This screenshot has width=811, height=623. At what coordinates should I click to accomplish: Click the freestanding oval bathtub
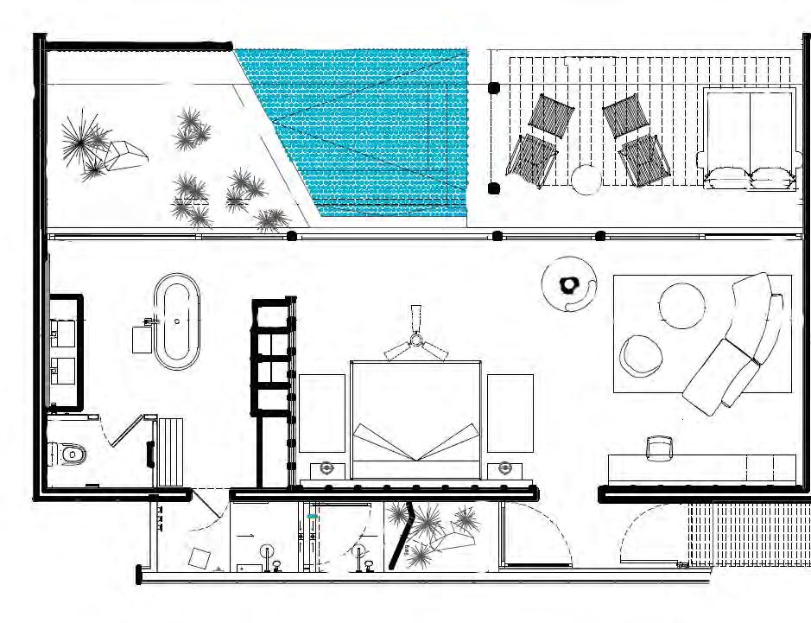click(177, 321)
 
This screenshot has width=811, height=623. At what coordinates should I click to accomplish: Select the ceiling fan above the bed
click(416, 343)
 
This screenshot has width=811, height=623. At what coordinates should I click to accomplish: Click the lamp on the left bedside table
click(327, 468)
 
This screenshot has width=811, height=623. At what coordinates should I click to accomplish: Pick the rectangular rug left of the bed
click(321, 413)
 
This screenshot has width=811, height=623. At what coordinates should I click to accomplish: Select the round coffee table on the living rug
click(682, 304)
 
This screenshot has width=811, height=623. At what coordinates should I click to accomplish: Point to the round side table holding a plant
click(570, 283)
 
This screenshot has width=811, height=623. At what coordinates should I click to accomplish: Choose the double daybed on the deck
click(750, 138)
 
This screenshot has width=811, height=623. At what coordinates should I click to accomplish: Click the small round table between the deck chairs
click(586, 179)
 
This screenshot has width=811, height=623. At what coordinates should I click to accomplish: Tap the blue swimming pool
click(371, 130)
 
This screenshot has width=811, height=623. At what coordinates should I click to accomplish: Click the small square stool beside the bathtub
click(143, 339)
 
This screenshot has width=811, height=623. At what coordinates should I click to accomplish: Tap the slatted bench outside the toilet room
click(171, 451)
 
